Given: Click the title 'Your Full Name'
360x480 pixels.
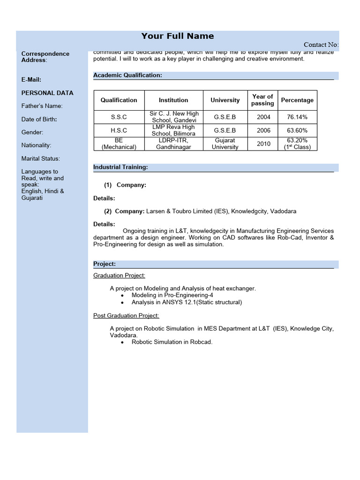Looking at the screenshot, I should (x=178, y=36).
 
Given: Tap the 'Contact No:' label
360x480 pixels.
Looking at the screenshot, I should (x=321, y=45).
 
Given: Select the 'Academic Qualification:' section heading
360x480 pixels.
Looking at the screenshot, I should (x=127, y=75).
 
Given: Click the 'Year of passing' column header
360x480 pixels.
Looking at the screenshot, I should (x=262, y=100).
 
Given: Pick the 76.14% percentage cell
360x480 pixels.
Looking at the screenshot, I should (x=297, y=117).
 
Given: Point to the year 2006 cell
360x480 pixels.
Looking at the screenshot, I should (x=263, y=130).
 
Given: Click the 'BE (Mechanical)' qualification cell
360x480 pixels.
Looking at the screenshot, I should (x=119, y=143).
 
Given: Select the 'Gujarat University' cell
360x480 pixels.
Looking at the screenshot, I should (x=225, y=143).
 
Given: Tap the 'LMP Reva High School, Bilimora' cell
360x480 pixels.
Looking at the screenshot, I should (x=173, y=130).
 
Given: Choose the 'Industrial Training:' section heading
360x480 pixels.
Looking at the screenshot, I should (x=120, y=167).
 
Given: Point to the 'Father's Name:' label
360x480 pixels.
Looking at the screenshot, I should (x=42, y=106).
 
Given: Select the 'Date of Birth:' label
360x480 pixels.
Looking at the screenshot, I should (x=39, y=119).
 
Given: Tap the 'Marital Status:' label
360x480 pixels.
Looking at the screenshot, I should (x=41, y=158).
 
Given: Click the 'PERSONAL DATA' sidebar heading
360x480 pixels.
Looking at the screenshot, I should (x=47, y=93).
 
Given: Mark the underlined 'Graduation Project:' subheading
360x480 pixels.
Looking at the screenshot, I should (x=119, y=275).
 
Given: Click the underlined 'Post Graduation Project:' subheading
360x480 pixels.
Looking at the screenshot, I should (x=126, y=315).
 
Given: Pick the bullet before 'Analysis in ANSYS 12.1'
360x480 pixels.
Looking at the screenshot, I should (x=122, y=303).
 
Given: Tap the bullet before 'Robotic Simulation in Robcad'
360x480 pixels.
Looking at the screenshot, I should (x=122, y=342).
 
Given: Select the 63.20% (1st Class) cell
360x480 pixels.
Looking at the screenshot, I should (x=297, y=143).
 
